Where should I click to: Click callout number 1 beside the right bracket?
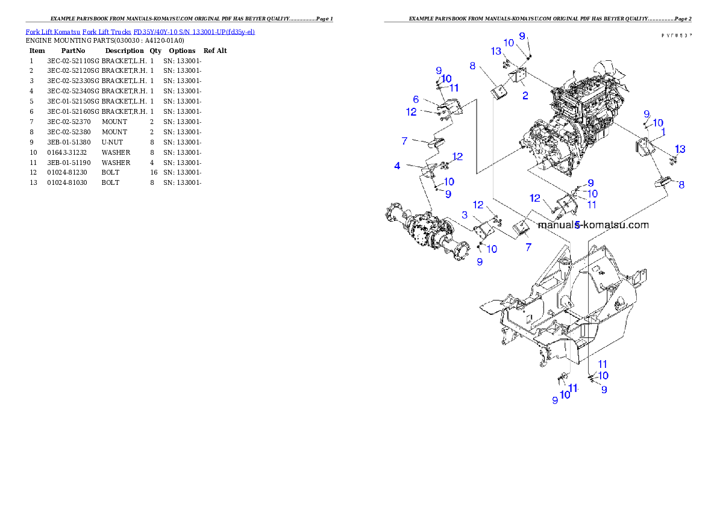[663, 131]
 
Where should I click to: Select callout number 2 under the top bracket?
[525, 95]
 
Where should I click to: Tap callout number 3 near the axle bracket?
[465, 215]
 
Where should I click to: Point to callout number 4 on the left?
[397, 165]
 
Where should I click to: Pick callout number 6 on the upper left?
[416, 99]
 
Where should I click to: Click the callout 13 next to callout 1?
[680, 149]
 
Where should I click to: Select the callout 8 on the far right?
[681, 185]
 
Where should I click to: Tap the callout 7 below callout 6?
[404, 141]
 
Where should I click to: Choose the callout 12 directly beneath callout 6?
[412, 111]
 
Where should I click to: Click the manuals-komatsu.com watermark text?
[593, 225]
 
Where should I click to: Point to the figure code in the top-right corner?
[675, 36]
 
